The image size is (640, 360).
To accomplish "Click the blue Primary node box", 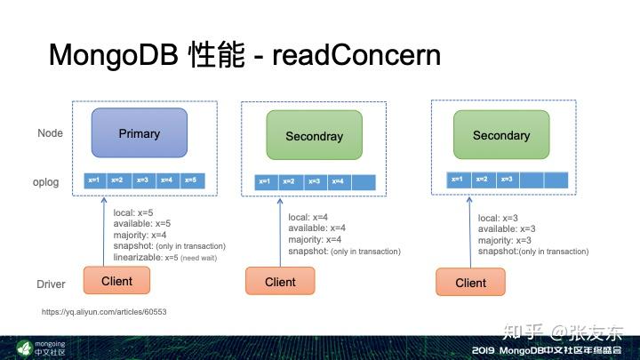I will (x=139, y=133).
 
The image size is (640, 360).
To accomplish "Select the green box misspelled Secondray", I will (x=314, y=136).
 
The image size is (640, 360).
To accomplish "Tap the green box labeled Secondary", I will (x=500, y=135).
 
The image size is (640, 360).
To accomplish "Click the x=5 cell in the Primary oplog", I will (x=189, y=180).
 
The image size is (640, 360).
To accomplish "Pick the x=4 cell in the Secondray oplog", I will (x=338, y=182).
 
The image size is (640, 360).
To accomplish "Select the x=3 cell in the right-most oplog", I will (x=507, y=180).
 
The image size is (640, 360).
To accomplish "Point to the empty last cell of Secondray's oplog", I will (x=363, y=182).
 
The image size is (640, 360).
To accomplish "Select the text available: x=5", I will (x=142, y=223).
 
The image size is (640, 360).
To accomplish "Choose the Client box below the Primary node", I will (x=116, y=281).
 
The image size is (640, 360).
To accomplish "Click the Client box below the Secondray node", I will (x=280, y=282).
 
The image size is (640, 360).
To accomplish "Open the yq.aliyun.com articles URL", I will (x=105, y=313).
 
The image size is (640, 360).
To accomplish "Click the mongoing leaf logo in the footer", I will (x=25, y=346).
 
